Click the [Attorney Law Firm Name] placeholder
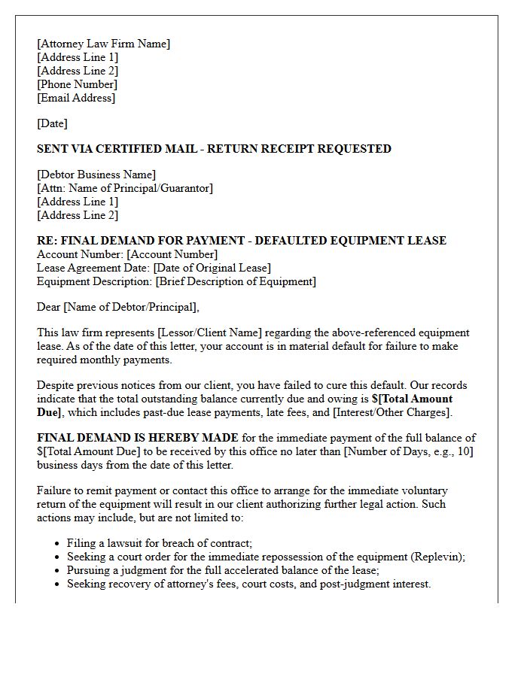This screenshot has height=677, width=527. click(104, 44)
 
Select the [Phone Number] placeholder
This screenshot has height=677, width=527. click(77, 84)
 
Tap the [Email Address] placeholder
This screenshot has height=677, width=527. click(76, 98)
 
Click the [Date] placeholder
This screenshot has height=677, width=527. click(52, 123)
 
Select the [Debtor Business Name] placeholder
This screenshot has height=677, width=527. click(96, 175)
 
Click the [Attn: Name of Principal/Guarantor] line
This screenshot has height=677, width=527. click(125, 188)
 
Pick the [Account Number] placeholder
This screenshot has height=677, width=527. click(172, 254)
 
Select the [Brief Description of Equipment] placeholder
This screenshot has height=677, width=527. click(236, 281)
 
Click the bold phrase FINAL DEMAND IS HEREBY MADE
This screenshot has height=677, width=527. click(138, 438)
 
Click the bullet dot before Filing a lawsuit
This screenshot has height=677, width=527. click(58, 544)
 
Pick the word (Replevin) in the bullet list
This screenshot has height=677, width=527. click(437, 557)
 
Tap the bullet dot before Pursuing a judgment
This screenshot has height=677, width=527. click(58, 571)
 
